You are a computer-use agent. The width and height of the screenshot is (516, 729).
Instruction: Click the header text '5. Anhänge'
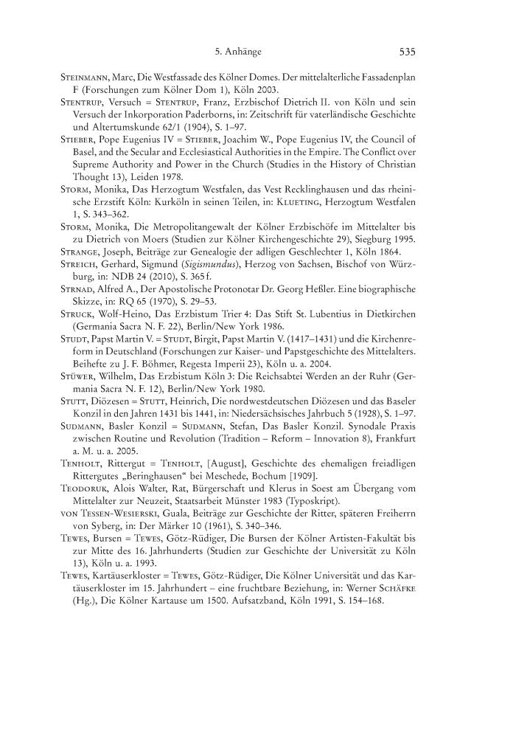click(x=238, y=52)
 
